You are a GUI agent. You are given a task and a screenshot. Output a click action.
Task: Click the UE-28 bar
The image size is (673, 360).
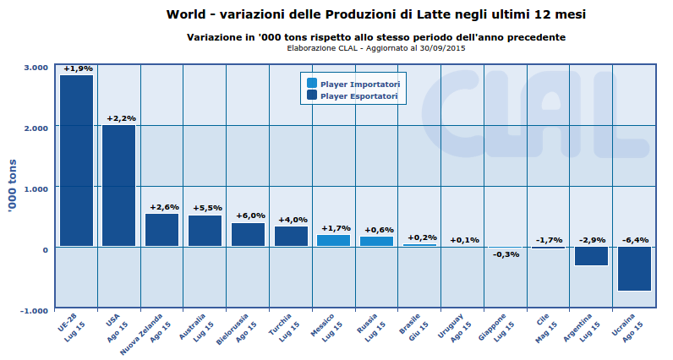pos(76,161)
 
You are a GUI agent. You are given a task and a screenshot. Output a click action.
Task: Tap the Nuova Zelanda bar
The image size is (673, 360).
pos(162,230)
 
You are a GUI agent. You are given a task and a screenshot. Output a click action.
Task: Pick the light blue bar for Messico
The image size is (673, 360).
pos(333,241)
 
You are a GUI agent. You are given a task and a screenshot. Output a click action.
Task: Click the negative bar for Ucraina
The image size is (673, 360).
pos(633,269)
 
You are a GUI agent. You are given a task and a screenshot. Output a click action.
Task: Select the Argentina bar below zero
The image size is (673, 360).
pos(591,256)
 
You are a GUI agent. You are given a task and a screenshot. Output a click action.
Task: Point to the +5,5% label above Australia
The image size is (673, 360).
pos(206,208)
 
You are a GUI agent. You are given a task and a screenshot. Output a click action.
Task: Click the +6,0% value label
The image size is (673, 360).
pos(249,215)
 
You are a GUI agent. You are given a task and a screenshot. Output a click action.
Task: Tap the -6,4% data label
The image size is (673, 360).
pos(634,240)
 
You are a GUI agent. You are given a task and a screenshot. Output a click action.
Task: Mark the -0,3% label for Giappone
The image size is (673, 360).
pos(506,254)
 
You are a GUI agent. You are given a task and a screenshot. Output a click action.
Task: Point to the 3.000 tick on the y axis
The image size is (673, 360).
pos(35,68)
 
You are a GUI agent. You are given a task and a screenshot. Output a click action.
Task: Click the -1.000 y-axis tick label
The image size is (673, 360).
pos(33,310)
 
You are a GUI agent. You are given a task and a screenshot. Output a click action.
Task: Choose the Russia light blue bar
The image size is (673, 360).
pos(377,242)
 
